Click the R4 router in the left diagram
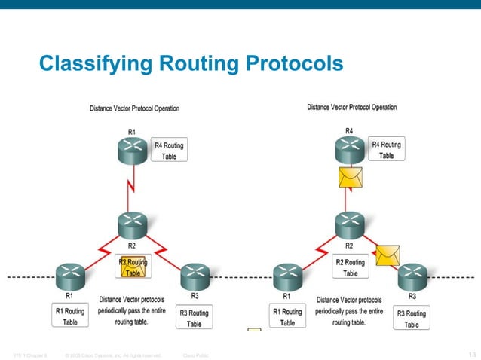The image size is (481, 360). click(131, 151)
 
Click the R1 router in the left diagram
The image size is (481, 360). click(69, 276)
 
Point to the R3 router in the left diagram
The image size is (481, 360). click(194, 276)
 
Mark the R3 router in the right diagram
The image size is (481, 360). click(412, 276)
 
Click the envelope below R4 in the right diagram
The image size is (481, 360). click(350, 178)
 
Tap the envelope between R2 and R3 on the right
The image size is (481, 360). click(388, 255)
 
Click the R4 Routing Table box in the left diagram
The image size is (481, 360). click(169, 150)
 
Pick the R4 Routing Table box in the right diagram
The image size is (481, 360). click(386, 149)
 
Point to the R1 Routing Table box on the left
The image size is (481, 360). click(70, 316)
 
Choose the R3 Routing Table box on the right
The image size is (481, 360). click(411, 318)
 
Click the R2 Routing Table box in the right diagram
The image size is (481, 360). click(350, 267)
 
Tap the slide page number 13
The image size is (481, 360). click(473, 353)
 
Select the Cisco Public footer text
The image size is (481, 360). click(196, 354)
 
